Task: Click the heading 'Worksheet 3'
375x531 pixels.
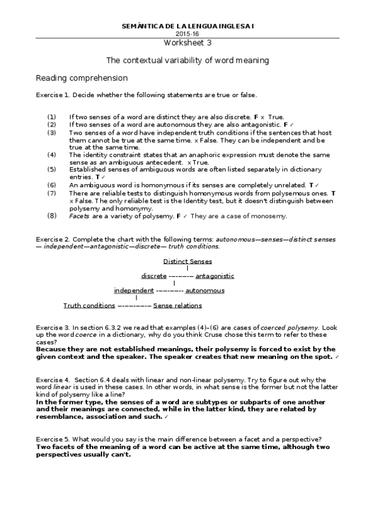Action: [x=188, y=43]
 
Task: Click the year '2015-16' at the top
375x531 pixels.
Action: [x=187, y=33]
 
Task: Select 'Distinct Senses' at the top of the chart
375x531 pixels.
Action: [x=187, y=262]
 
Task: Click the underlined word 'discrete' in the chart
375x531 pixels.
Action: [x=154, y=276]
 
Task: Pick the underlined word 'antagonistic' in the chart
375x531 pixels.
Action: [x=215, y=276]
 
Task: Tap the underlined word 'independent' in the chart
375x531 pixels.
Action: [x=133, y=291]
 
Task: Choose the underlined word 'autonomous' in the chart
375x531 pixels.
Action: [x=205, y=291]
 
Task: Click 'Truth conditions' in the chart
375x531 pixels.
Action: [x=89, y=306]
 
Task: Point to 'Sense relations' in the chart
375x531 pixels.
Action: [x=177, y=306]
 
